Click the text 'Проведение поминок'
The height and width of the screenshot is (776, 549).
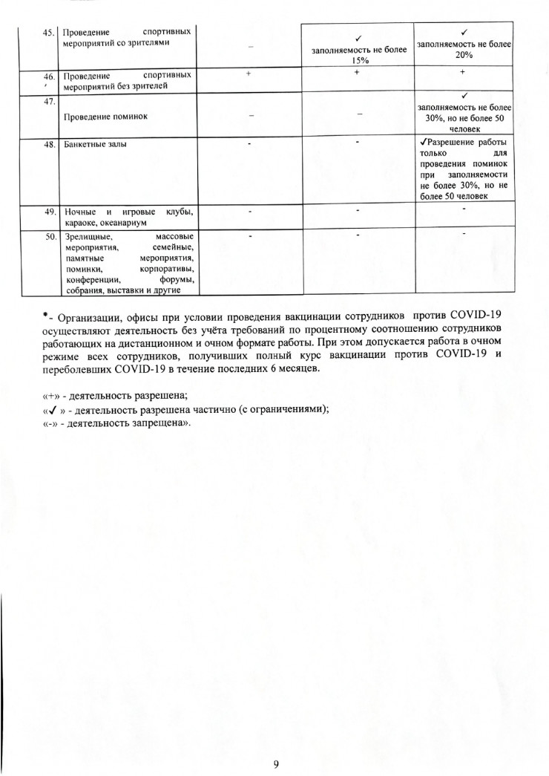point(107,117)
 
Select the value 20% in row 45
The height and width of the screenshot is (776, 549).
point(464,56)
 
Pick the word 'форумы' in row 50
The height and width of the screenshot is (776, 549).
point(178,279)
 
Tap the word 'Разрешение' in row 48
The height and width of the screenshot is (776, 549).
point(450,143)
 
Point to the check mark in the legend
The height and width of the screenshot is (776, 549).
point(53,408)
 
